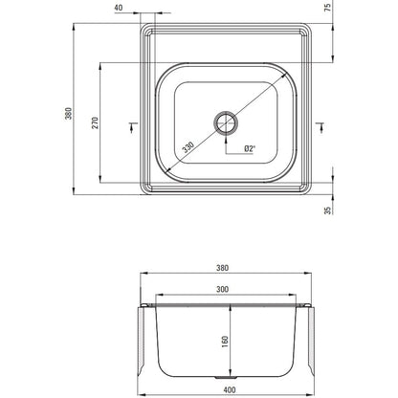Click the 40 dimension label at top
119,8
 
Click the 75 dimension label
328,8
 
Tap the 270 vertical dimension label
96,122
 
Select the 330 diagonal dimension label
188,147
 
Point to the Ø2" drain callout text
250,148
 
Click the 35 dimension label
328,210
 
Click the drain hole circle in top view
226,123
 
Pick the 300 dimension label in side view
222,289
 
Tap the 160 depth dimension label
225,342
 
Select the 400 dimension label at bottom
230,389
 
